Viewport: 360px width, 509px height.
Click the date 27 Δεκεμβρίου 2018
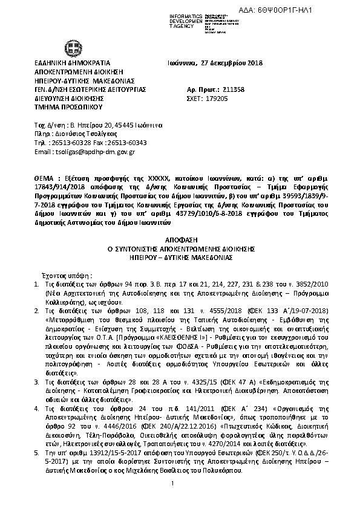(x=229, y=63)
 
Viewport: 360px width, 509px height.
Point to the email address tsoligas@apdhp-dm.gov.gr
(x=93, y=152)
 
